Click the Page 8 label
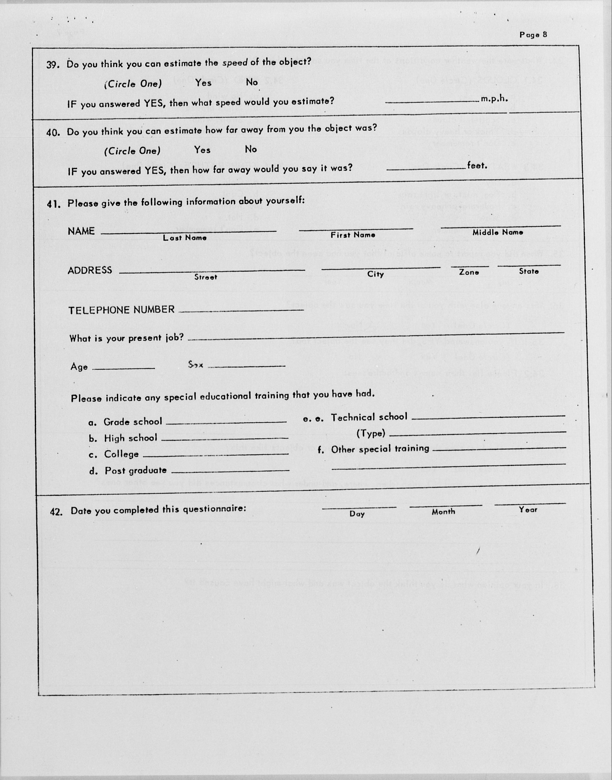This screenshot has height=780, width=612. point(533,35)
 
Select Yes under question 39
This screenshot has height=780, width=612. point(203,83)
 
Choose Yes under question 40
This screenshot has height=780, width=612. point(202,150)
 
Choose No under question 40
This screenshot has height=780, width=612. point(251,149)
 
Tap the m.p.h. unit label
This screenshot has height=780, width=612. point(494,99)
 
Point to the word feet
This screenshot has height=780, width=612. point(477,165)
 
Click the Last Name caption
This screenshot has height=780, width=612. point(185,238)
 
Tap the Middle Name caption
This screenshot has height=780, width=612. point(498,232)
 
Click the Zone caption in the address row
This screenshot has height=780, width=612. point(469,272)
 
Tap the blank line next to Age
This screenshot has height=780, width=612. point(124,368)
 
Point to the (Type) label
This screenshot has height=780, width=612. point(371,434)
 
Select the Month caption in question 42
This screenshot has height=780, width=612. point(443,512)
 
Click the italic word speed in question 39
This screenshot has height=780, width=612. point(235,63)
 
